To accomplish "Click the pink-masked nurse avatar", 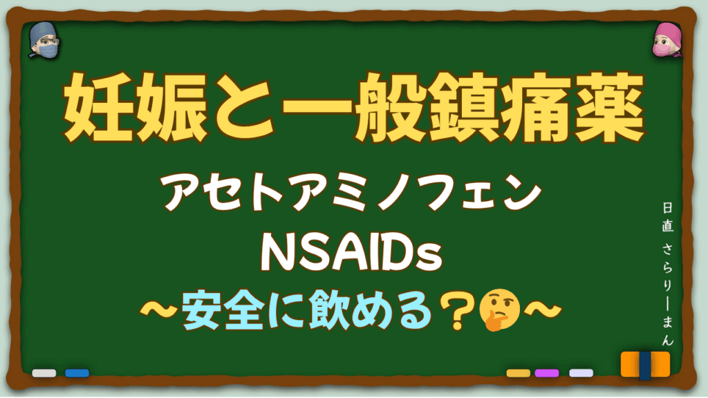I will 665,40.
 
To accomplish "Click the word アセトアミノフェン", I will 353,195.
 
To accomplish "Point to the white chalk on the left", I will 44,373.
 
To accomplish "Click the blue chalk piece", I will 77,373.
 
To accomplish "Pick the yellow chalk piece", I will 518,373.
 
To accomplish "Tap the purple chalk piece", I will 547,373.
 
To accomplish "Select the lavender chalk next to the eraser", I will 581,373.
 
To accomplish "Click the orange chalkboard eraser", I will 645,365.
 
